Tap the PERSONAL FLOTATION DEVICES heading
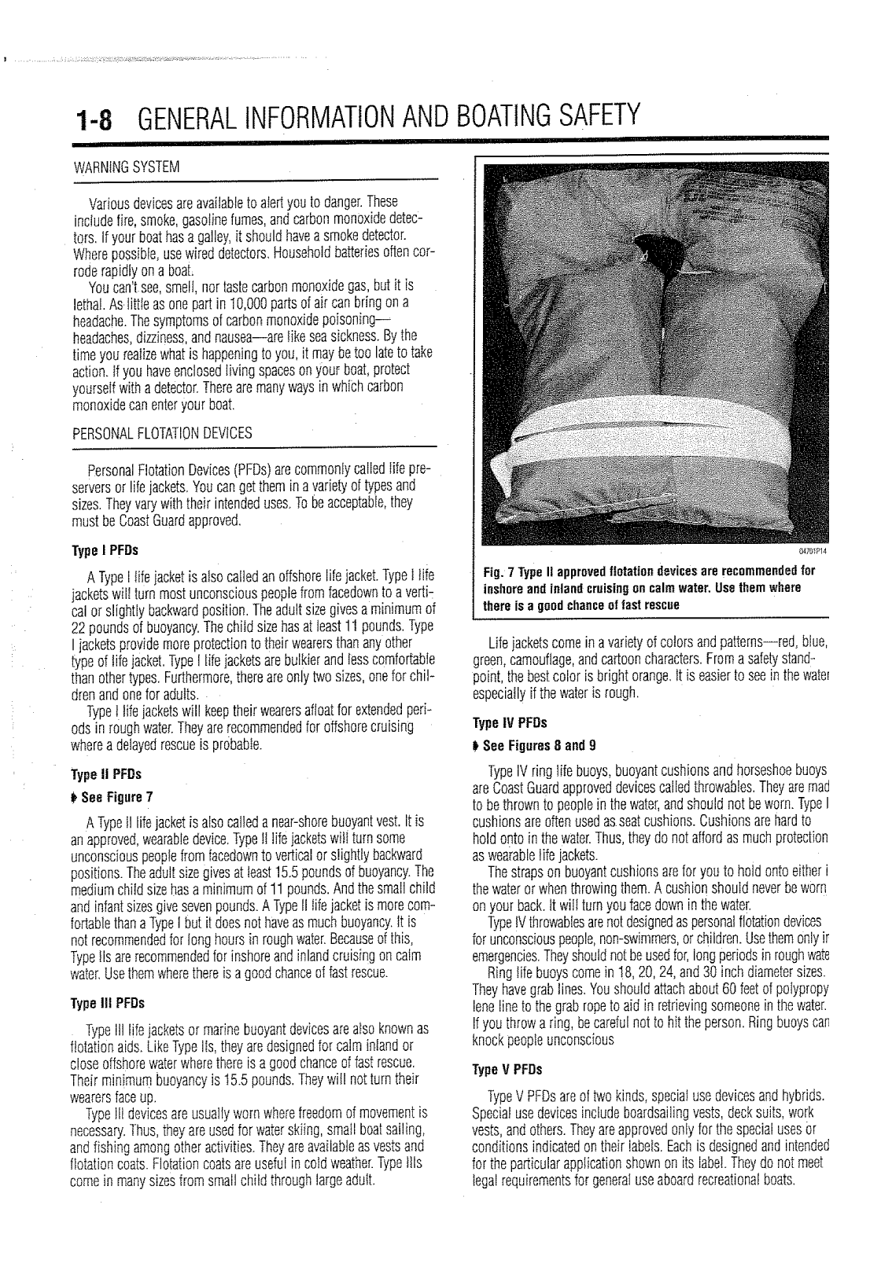(162, 433)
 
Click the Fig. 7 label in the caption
(501, 569)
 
